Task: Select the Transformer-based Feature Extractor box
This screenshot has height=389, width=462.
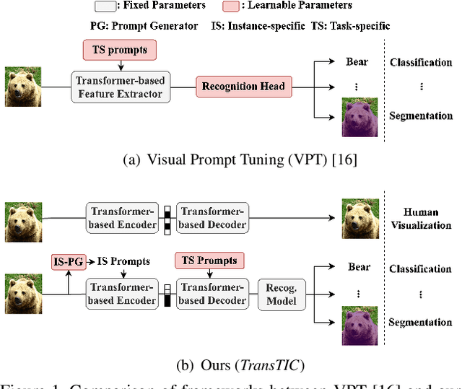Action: point(119,87)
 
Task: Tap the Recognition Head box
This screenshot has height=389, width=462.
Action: point(243,87)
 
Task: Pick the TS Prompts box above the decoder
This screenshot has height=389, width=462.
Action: point(210,260)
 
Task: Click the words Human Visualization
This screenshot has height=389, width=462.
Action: point(421,219)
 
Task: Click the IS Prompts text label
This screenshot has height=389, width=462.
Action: point(124,261)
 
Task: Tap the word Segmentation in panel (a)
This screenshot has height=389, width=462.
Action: point(421,115)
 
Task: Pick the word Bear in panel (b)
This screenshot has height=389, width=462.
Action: point(359,267)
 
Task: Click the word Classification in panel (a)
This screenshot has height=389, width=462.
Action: point(421,62)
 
